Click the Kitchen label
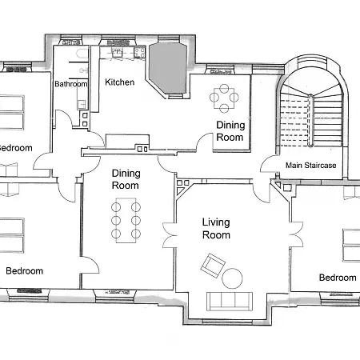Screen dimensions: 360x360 click(121, 82)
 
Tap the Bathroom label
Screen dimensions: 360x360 click(70, 84)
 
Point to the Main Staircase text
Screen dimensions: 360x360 click(311, 166)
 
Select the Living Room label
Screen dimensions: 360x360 click(216, 229)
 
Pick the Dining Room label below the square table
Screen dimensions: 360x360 click(230, 131)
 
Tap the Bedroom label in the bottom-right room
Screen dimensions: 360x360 click(337, 278)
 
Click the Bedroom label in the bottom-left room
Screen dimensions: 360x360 click(24, 270)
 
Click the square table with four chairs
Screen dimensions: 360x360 click(225, 98)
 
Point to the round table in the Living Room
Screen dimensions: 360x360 click(232, 278)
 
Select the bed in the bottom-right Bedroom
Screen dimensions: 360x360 click(351, 244)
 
